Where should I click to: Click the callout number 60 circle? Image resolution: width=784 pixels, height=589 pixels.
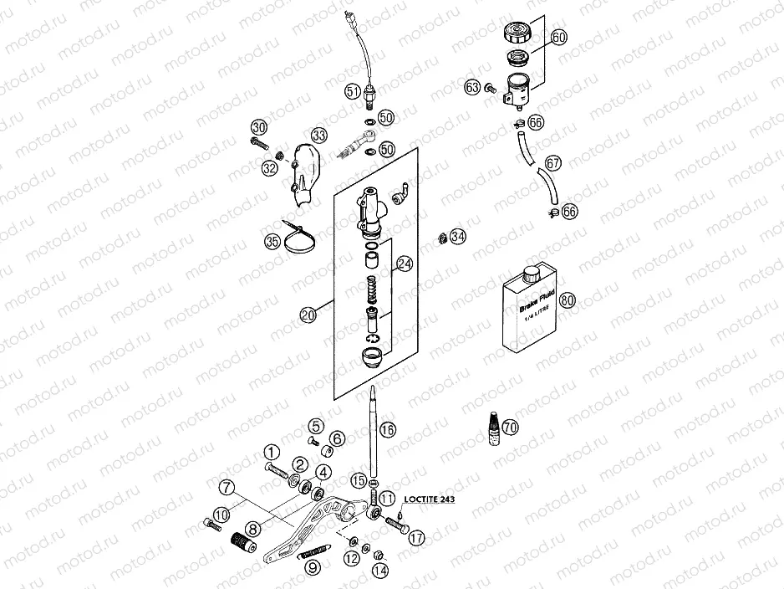click(x=559, y=38)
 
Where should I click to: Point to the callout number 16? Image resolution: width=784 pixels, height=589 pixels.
click(x=387, y=431)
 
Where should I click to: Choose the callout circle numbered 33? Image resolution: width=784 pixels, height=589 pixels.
click(x=319, y=135)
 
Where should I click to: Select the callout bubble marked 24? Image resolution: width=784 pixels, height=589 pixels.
click(x=405, y=265)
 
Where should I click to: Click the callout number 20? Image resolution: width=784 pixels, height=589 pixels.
click(x=308, y=315)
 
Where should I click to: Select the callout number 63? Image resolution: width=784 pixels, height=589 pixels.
click(x=473, y=87)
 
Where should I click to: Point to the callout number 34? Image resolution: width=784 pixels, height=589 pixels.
click(x=457, y=237)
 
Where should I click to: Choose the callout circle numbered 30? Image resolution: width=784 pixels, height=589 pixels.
click(x=259, y=127)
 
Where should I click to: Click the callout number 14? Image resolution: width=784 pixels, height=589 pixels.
click(x=380, y=571)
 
